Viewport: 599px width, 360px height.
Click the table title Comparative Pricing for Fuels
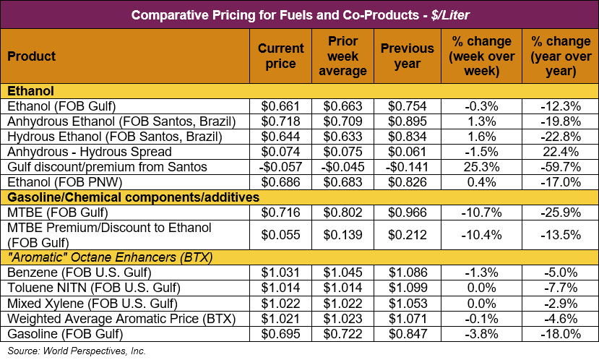tap(299, 14)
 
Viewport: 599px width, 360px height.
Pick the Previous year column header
tap(408, 56)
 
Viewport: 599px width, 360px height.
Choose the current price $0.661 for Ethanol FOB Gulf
tap(280, 106)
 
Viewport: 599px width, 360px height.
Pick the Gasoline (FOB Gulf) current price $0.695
tap(280, 333)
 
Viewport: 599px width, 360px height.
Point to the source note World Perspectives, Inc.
tap(76, 351)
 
